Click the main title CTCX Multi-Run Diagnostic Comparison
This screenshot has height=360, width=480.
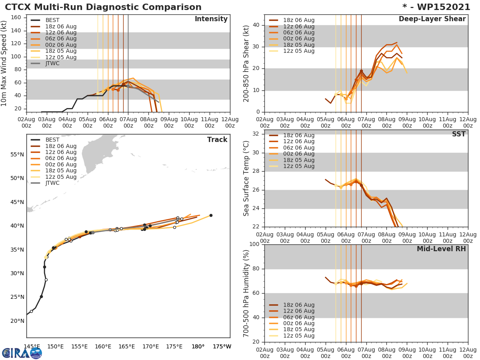point(103,7)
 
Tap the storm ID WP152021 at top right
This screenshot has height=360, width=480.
point(440,7)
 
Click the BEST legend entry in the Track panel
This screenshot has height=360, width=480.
point(52,140)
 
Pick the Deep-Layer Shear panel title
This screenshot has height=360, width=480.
point(432,19)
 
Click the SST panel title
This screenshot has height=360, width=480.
point(458,134)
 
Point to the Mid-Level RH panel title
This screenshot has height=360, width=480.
point(441,249)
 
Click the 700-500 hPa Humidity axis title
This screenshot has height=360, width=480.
point(246,293)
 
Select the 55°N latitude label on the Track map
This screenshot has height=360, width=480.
point(17,154)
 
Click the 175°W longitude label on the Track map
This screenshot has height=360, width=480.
point(222,346)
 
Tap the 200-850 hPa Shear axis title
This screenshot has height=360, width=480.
point(246,63)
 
